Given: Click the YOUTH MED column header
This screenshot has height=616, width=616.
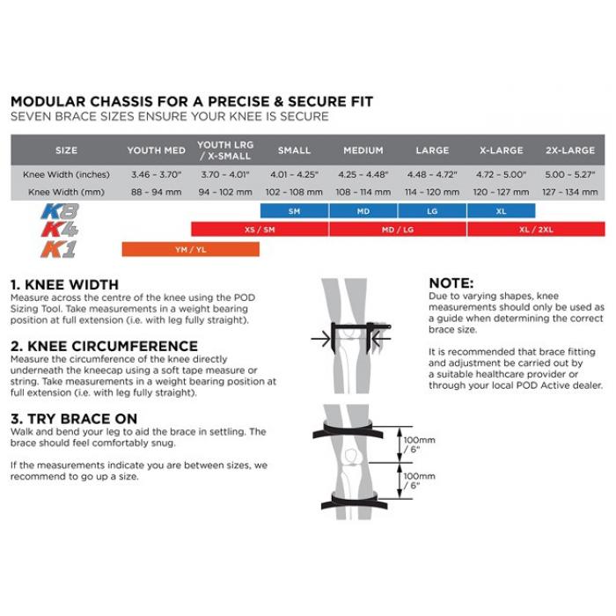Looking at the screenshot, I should [x=155, y=150].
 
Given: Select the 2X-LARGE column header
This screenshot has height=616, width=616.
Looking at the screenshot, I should [x=570, y=150].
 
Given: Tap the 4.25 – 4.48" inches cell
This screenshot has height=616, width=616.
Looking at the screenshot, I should [x=363, y=174].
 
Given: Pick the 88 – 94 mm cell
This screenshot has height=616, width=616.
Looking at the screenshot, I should [x=155, y=191].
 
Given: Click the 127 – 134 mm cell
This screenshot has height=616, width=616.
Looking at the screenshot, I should [x=570, y=191].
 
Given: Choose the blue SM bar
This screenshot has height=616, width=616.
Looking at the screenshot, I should [x=294, y=211].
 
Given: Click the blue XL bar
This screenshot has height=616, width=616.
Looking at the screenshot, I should [x=502, y=211].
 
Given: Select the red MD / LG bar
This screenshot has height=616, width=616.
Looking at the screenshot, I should [x=398, y=230].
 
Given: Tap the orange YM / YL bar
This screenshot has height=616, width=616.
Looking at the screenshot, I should [x=190, y=249].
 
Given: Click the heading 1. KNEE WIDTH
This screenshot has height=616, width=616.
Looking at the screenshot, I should [x=63, y=285].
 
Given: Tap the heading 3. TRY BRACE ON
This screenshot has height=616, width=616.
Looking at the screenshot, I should [x=76, y=418].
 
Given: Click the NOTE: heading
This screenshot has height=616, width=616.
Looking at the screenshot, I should [x=451, y=283].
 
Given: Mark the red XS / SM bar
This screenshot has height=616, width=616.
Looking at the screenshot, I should [x=260, y=230].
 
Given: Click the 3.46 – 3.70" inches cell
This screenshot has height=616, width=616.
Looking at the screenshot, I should [x=155, y=174].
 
